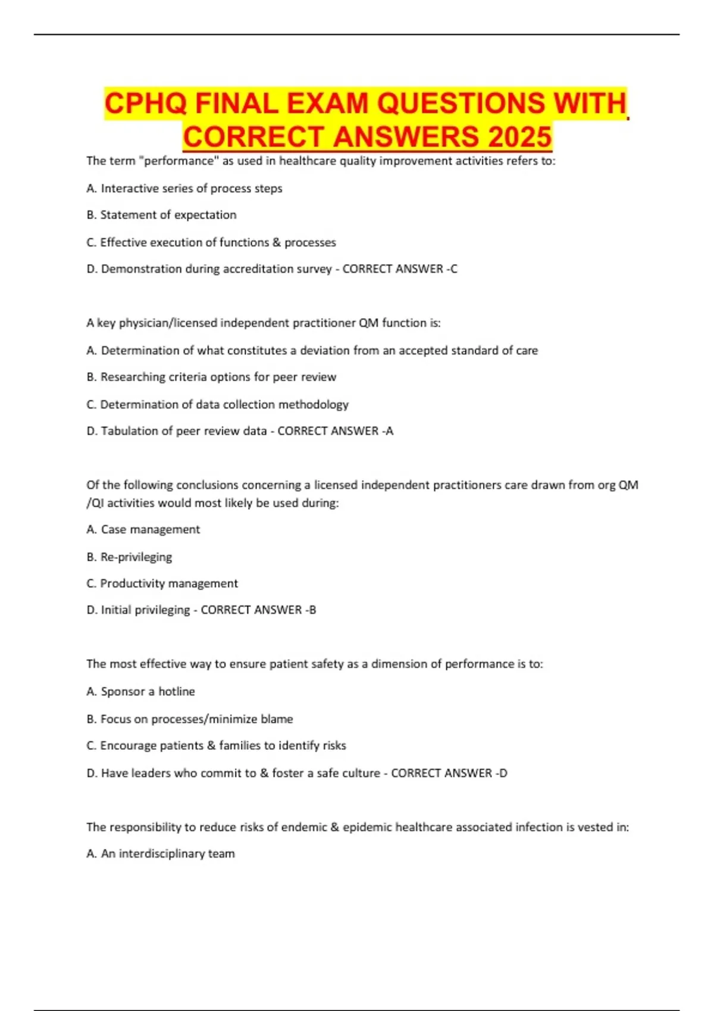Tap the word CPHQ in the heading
[146, 103]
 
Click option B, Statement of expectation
[161, 215]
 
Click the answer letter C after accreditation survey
[454, 269]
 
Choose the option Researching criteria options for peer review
[211, 377]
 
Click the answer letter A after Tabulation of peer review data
[390, 431]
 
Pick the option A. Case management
[143, 529]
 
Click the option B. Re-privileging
[129, 557]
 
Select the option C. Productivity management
[162, 583]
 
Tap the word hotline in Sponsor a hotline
[177, 692]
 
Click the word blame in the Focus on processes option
[277, 719]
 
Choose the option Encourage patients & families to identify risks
[216, 746]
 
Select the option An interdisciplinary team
[161, 854]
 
